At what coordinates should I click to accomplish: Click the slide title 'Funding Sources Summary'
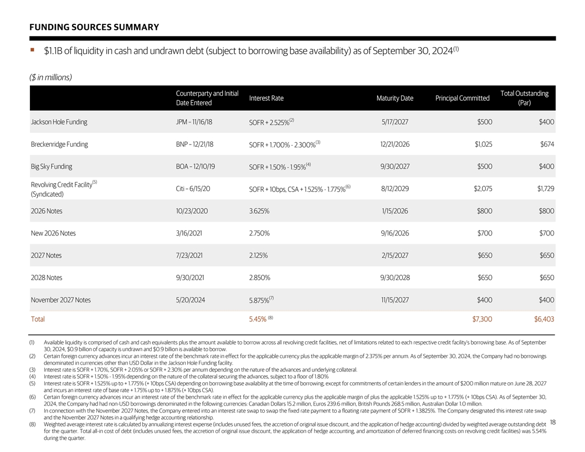click(x=94, y=27)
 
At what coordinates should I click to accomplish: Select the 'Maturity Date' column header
click(x=394, y=99)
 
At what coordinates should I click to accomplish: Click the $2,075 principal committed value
click(x=483, y=189)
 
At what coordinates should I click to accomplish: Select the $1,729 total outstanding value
click(x=545, y=189)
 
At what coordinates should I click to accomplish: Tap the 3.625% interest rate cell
click(x=259, y=211)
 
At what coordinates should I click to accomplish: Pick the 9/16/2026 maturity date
click(x=395, y=233)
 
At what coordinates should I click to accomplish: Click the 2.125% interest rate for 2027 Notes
click(x=259, y=255)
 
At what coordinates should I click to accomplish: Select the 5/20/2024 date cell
click(x=191, y=300)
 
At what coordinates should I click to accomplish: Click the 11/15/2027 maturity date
click(x=395, y=300)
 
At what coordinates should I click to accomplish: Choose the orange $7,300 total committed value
click(x=481, y=319)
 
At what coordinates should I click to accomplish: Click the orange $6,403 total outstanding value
click(x=543, y=319)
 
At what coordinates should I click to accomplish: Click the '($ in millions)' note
click(x=50, y=77)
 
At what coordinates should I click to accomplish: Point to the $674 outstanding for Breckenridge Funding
click(x=547, y=144)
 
